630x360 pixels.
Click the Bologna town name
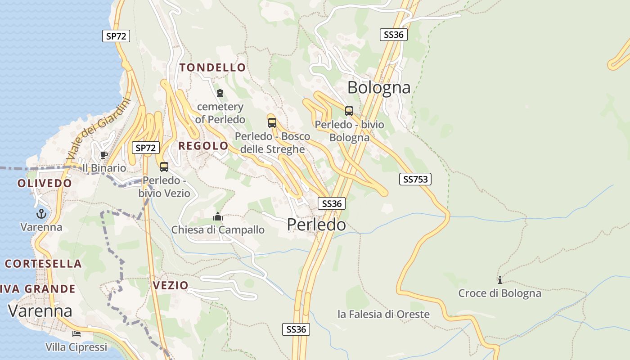coord(379,87)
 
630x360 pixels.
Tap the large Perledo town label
coord(316,224)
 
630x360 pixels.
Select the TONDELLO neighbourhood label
coord(213,68)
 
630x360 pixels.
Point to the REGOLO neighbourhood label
coord(203,146)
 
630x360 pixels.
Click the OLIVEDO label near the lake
coord(45,183)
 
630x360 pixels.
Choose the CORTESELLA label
coord(43,264)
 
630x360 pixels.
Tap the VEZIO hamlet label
coord(171,285)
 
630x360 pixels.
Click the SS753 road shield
coord(415,179)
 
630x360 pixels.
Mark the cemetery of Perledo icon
coord(220,93)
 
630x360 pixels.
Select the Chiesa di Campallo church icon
coord(218,217)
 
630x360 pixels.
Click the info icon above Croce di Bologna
coord(499,280)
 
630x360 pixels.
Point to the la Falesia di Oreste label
coord(383,314)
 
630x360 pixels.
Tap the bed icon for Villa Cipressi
coord(76,334)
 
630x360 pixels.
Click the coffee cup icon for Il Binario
coord(104,155)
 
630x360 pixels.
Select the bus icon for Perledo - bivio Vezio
coord(164,167)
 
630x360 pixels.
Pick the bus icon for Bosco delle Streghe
coord(272,122)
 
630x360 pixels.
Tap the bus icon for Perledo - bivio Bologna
coord(349,111)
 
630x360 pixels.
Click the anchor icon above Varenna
coord(41,214)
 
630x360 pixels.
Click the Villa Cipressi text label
coord(76,347)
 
